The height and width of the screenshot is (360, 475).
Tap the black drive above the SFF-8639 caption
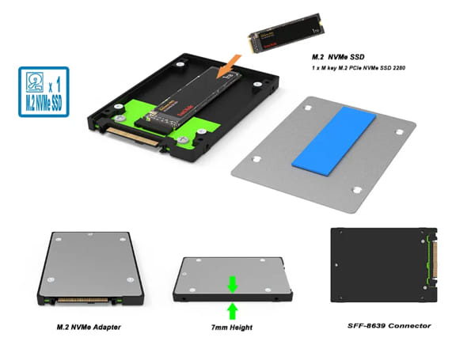point(381,265)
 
